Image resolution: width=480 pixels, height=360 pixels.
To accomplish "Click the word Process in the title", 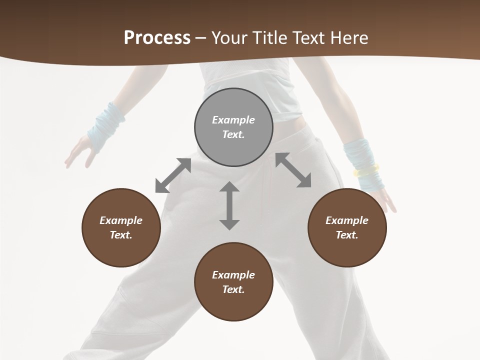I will tap(157, 38).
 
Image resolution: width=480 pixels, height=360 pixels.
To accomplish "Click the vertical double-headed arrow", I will tap(229, 205).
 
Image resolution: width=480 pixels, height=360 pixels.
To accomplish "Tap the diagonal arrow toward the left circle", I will tap(173, 175).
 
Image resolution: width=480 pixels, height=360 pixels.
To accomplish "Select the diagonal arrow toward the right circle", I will tap(293, 170).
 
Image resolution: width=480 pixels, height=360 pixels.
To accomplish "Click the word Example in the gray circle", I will tap(233, 120).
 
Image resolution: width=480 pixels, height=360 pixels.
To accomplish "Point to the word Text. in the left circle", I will tap(121, 235).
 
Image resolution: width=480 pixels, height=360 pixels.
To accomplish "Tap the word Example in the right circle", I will tap(347, 220).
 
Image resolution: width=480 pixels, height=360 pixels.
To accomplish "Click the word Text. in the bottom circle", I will tap(233, 289).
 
